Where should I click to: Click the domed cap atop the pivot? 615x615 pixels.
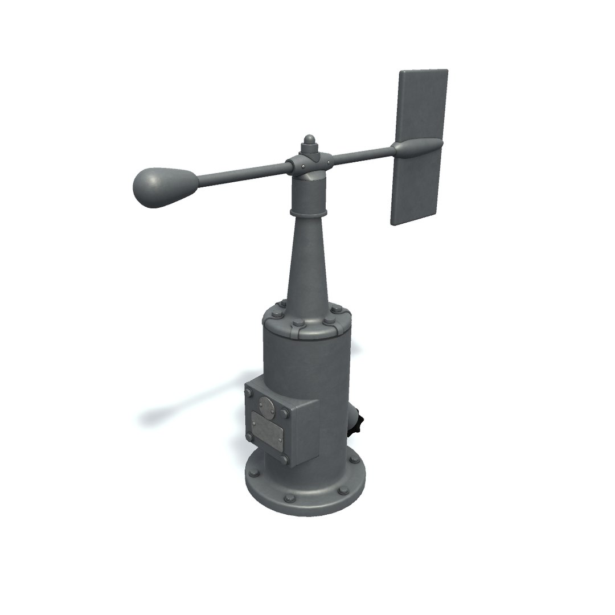310,141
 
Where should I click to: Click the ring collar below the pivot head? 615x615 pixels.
309,212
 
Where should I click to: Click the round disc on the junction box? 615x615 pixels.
265,407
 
